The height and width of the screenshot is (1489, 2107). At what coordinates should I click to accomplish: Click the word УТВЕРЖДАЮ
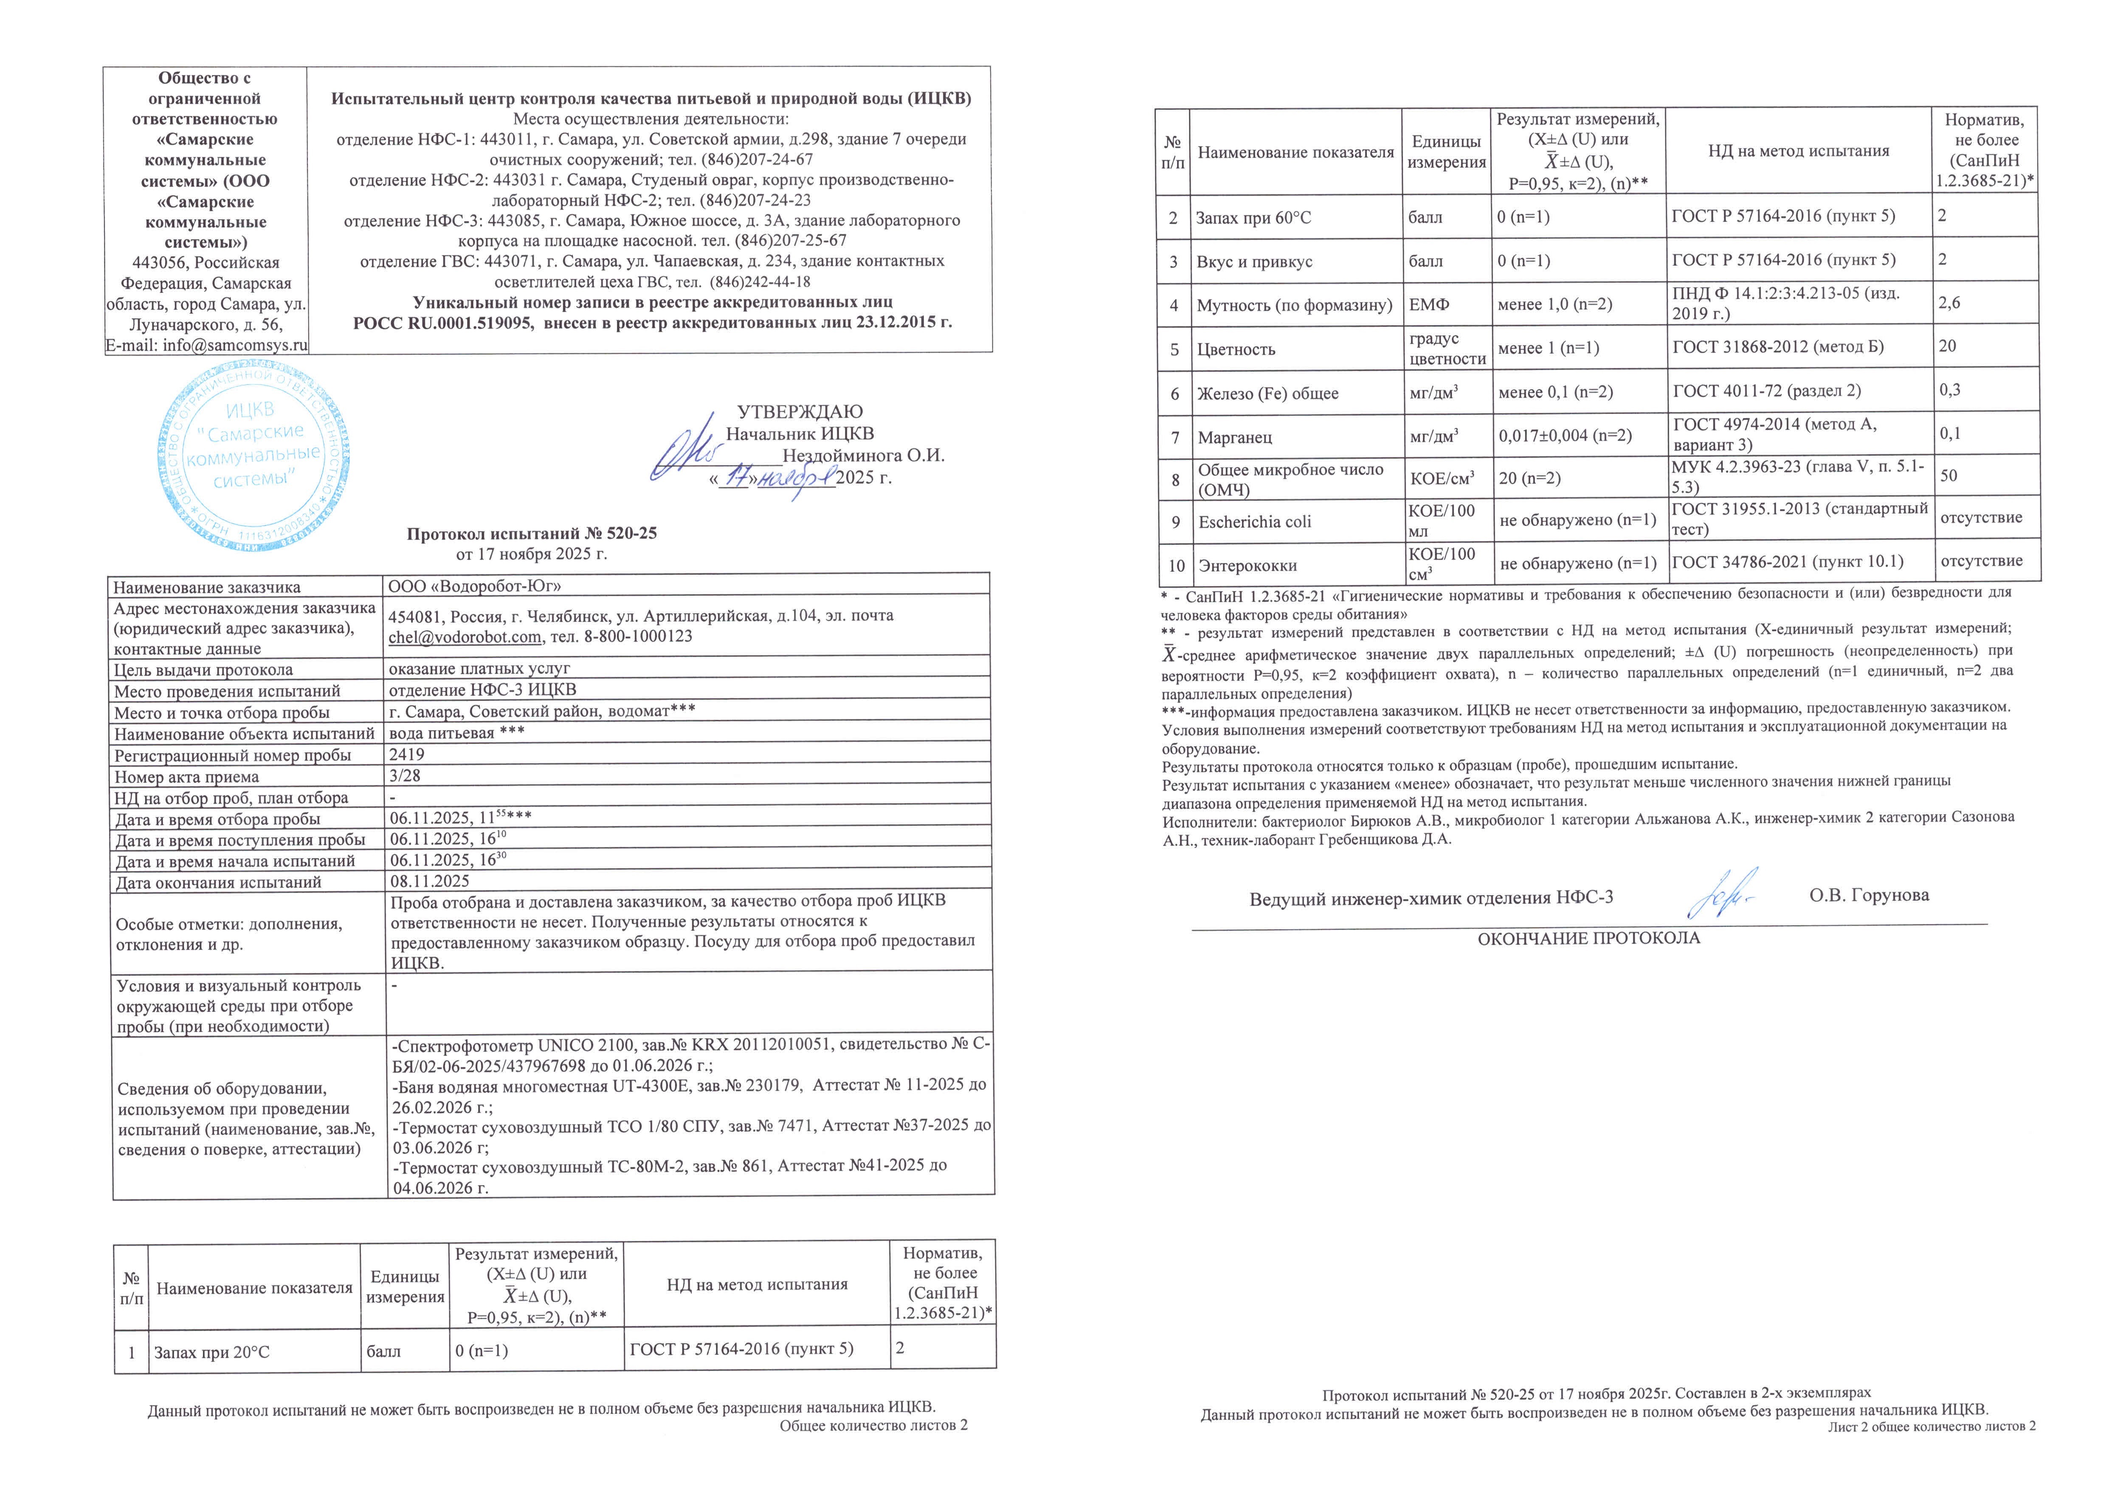[799, 412]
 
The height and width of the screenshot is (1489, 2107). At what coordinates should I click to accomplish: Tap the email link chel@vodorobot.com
[465, 637]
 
